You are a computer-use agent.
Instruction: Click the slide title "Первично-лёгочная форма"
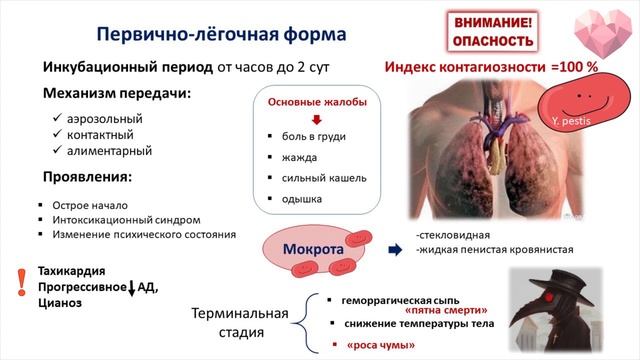click(221, 33)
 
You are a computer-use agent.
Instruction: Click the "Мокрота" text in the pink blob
click(312, 247)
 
